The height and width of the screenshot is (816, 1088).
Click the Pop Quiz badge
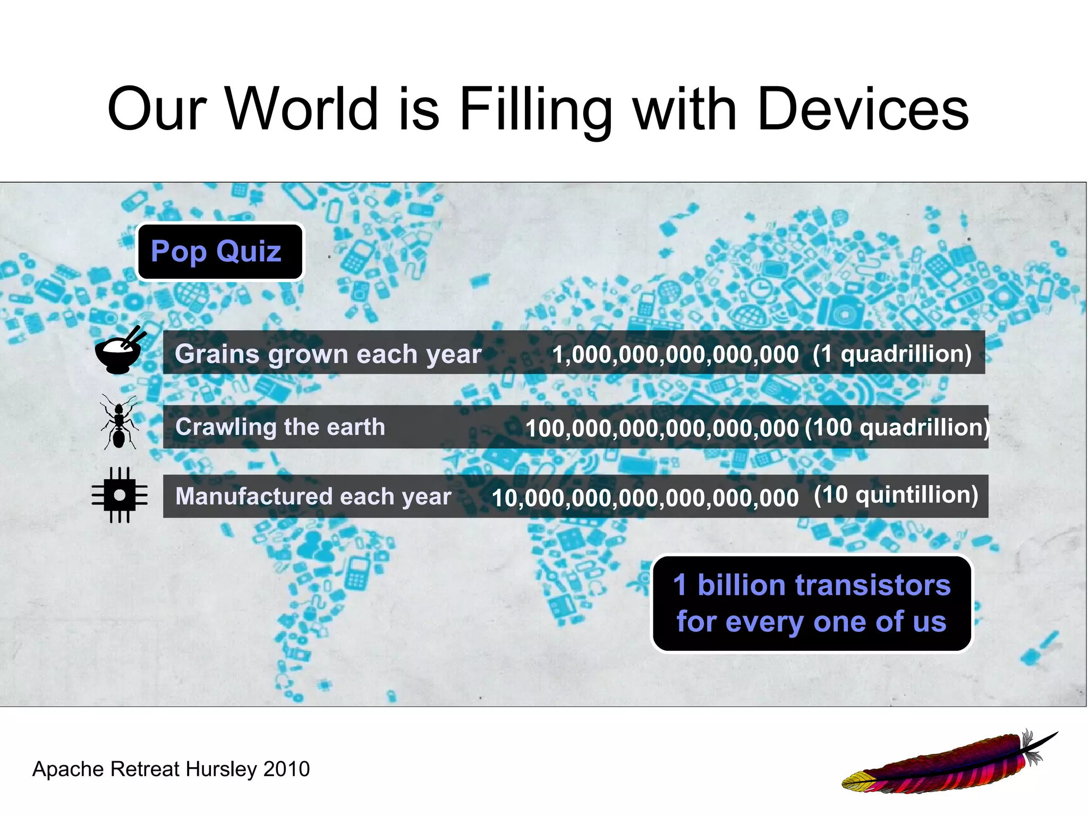click(220, 251)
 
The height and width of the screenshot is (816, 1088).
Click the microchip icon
click(120, 495)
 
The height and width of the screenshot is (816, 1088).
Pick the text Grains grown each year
click(328, 354)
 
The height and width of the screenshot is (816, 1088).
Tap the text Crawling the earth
click(280, 427)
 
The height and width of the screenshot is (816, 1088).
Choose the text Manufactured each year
click(313, 496)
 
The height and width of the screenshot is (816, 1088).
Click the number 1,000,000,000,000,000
click(675, 354)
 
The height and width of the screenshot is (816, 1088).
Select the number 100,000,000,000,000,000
click(662, 428)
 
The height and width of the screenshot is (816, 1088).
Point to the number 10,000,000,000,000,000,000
click(645, 498)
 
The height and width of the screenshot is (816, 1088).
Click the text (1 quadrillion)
click(892, 354)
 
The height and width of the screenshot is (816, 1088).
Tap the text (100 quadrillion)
click(897, 427)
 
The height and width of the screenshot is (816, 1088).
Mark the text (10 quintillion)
click(896, 495)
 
